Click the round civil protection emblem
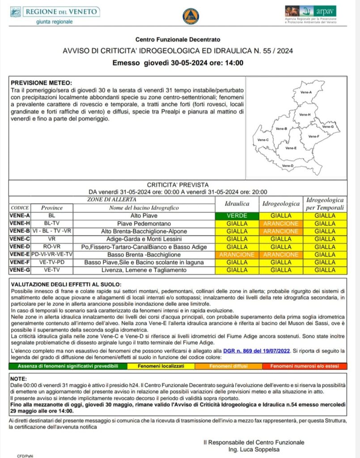click(x=191, y=16)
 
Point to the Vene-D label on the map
click(x=288, y=165)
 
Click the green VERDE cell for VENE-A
click(x=237, y=216)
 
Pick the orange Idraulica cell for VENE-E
click(x=237, y=254)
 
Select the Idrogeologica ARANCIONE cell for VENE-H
click(x=281, y=223)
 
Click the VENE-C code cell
click(x=20, y=239)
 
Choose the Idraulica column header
click(x=237, y=204)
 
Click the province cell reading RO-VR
click(x=52, y=246)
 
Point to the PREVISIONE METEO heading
click(x=41, y=83)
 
